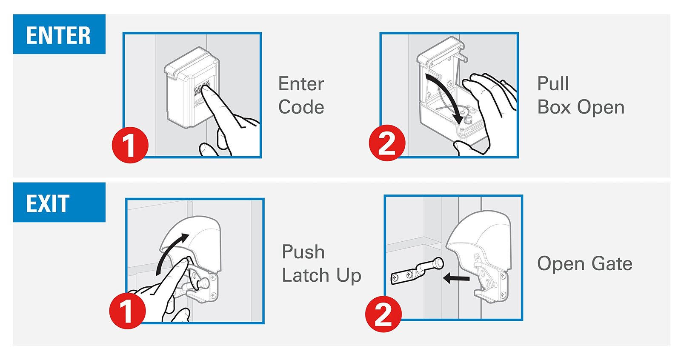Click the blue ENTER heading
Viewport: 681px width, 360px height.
(59, 34)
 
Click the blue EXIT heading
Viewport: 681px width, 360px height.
(59, 203)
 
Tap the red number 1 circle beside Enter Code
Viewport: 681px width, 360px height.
(130, 145)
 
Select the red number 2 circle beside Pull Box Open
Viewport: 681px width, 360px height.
(387, 143)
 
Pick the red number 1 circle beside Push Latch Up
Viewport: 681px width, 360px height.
(128, 311)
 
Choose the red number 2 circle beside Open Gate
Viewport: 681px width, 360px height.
(383, 314)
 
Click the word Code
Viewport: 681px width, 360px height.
(301, 107)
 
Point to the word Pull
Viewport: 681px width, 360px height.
(553, 83)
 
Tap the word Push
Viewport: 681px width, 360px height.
(303, 252)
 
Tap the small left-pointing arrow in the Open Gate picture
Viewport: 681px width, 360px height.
(456, 278)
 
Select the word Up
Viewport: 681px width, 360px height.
(349, 276)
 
